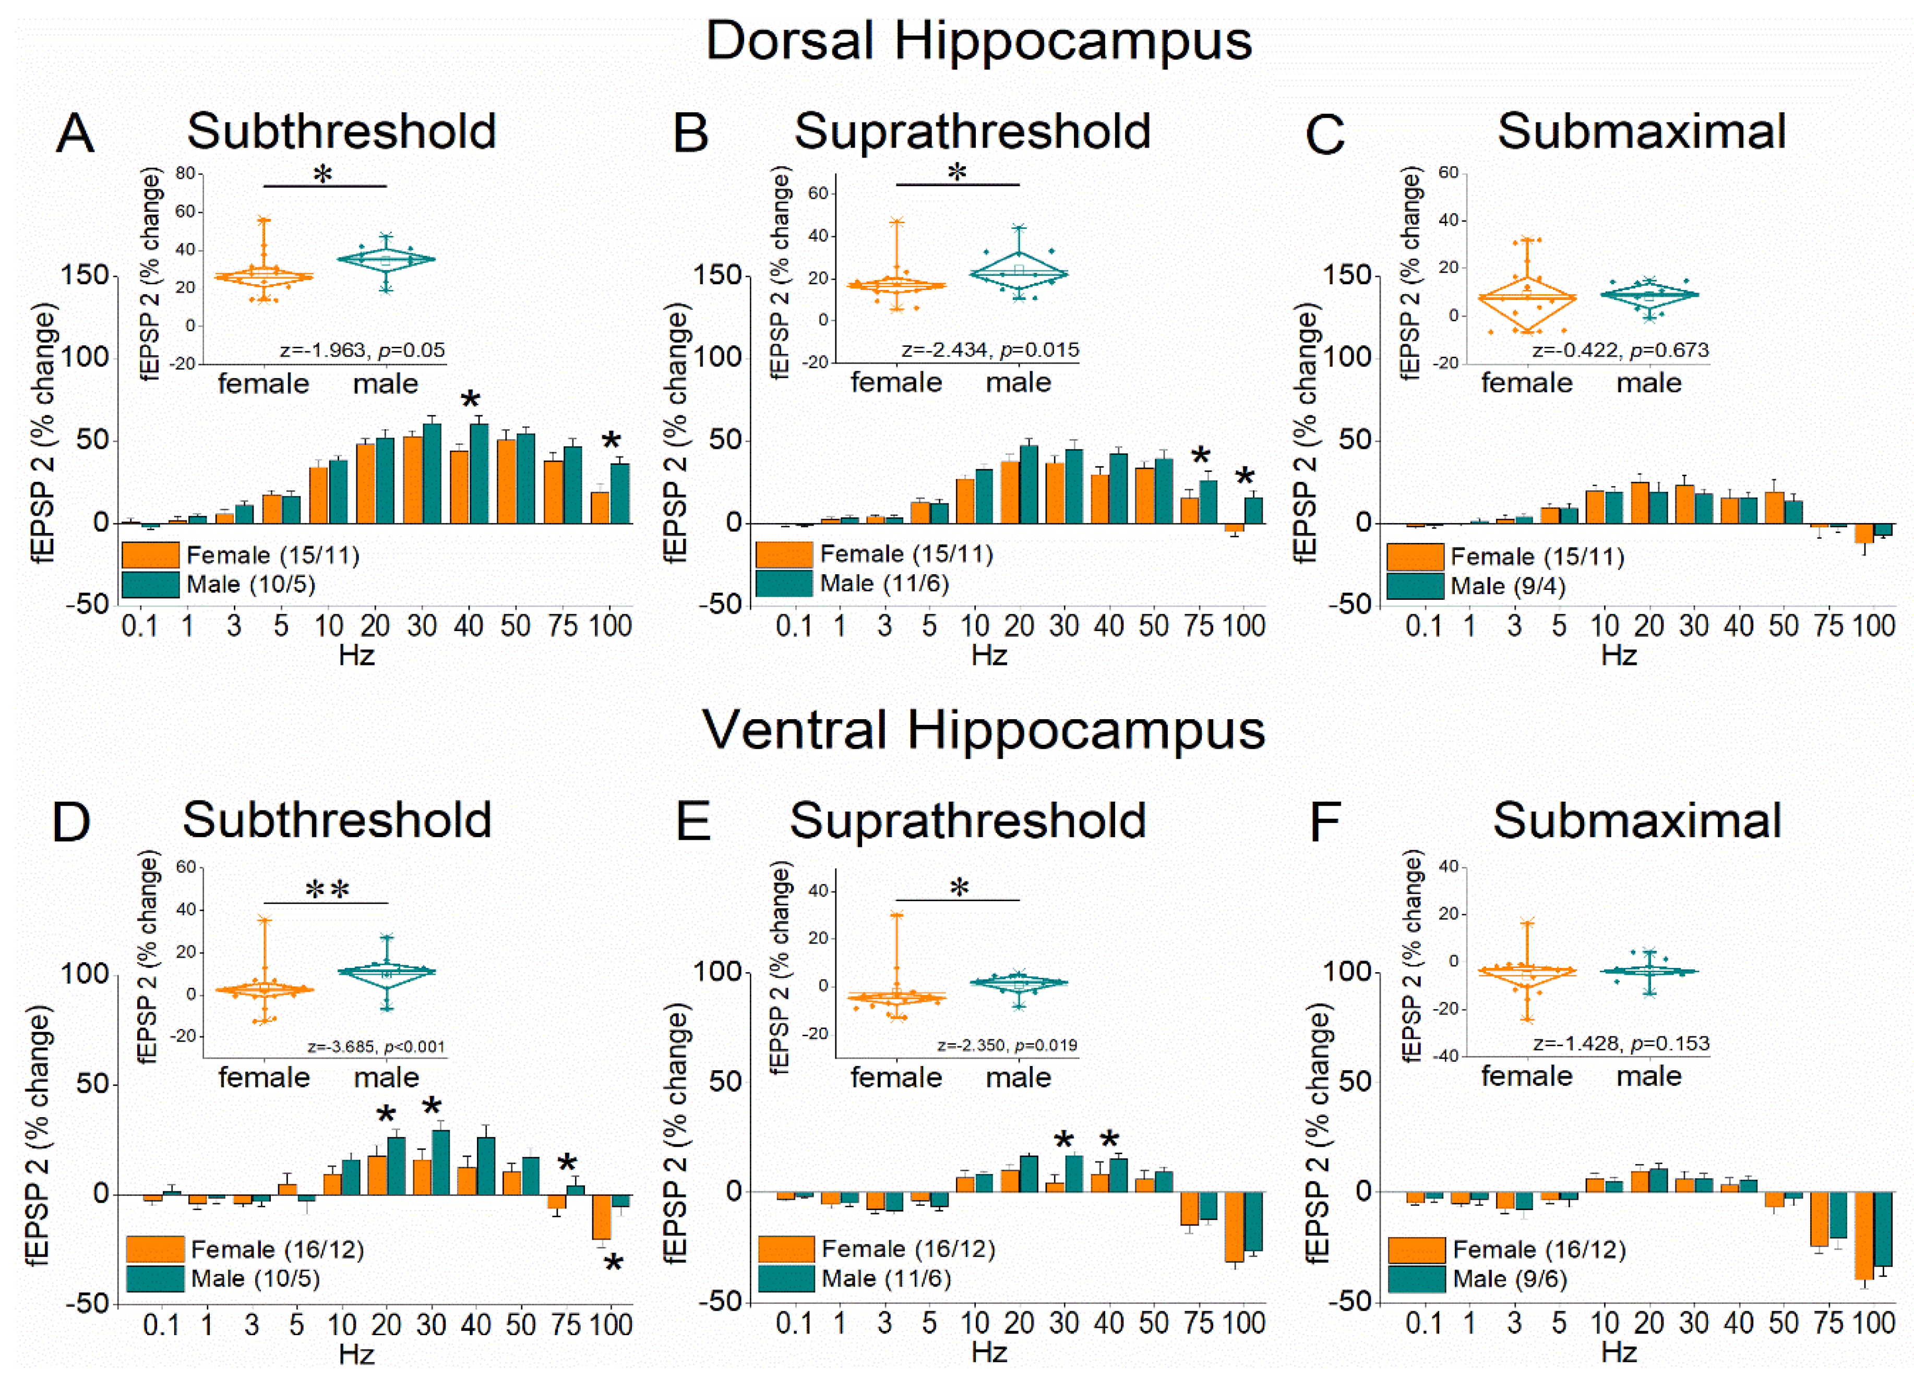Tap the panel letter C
tap(1324, 135)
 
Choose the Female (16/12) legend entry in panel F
tap(1538, 1250)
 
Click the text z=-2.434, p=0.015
tap(989, 349)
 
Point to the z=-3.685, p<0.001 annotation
tap(376, 1047)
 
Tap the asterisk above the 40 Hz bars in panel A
tap(470, 400)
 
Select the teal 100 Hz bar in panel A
tap(620, 493)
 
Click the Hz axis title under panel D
tap(356, 1354)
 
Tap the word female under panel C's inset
tap(1527, 383)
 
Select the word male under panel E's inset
tap(1019, 1078)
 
